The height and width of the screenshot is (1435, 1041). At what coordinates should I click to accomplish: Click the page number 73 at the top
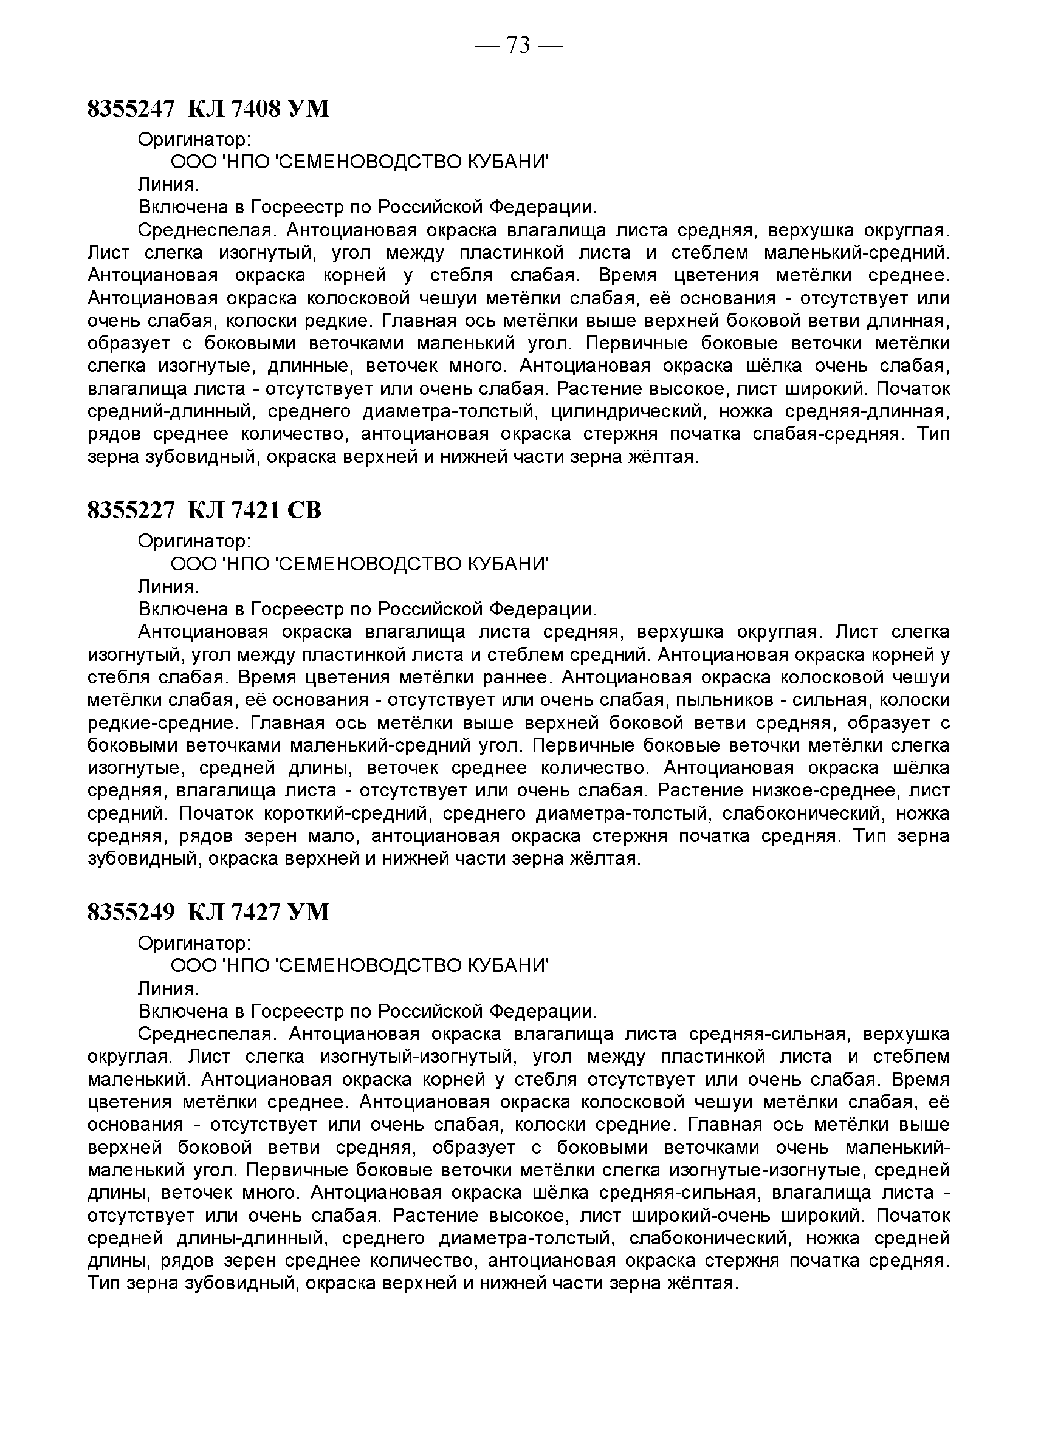pyautogui.click(x=518, y=46)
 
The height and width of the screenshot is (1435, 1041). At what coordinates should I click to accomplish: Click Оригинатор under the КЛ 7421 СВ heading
pyautogui.click(x=194, y=541)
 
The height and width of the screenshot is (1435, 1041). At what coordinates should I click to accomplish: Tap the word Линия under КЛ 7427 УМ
pyautogui.click(x=168, y=989)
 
